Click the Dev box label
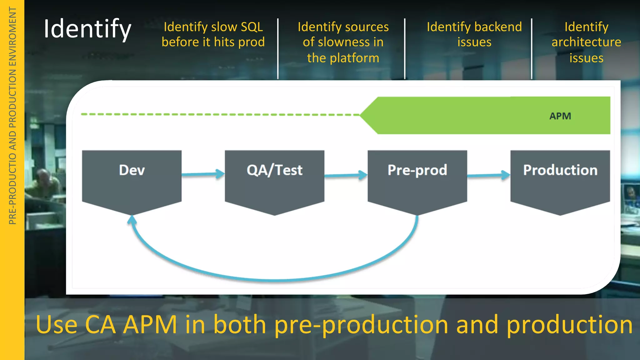point(132,170)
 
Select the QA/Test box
point(274,181)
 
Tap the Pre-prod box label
point(417,170)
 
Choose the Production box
point(560,181)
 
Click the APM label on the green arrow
point(560,116)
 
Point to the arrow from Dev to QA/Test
point(203,174)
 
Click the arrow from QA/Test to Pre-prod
point(346,175)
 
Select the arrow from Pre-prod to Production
point(488,175)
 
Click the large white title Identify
point(87,29)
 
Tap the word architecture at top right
point(586,42)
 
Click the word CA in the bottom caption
point(100,325)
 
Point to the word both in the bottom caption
point(240,325)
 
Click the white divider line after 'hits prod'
point(278,48)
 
